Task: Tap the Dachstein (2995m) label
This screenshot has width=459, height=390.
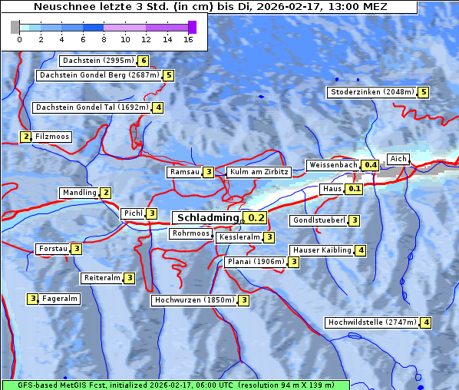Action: pos(97,60)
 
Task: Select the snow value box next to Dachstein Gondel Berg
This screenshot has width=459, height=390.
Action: pos(169,75)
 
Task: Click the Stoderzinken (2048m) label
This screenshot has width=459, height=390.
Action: pos(371,92)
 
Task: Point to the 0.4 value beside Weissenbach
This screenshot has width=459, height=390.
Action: pos(371,165)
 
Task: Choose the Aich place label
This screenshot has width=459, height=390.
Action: pos(398,159)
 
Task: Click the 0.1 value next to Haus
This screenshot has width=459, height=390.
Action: pos(354,188)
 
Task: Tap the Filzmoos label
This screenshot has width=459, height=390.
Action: pos(52,137)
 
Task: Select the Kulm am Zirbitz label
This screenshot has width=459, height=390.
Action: pos(259,172)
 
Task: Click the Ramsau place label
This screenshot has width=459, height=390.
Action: pos(184,172)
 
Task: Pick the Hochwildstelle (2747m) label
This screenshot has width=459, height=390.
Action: pos(371,322)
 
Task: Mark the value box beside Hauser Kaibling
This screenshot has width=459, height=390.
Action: pos(361,250)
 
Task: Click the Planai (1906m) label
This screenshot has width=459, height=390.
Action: pos(256,262)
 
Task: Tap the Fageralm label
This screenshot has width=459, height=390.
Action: pos(60,299)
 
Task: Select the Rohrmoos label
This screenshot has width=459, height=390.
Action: pos(190,233)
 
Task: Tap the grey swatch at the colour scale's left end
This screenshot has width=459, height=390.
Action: pos(15,27)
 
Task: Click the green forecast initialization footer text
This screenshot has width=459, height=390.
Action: pos(175,384)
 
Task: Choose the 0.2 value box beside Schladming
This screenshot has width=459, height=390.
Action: pos(256,218)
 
